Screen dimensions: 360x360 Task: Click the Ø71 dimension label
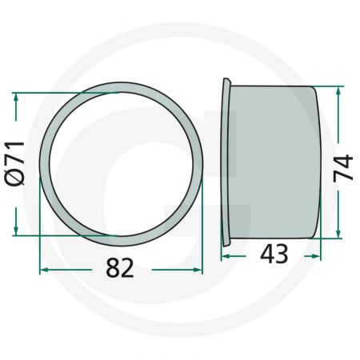click(16, 164)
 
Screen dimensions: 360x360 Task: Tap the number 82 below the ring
click(120, 270)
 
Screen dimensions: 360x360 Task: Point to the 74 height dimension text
click(342, 168)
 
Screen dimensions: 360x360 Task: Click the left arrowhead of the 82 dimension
click(43, 270)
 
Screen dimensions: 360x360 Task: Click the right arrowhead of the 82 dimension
click(198, 270)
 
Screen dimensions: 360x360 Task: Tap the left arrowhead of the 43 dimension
click(226, 256)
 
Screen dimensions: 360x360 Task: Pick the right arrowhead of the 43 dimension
click(317, 256)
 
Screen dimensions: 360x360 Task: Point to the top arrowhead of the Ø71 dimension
click(16, 97)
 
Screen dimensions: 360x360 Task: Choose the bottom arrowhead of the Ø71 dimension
click(16, 231)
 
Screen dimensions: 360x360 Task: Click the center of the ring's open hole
click(120, 164)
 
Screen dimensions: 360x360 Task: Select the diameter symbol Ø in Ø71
click(16, 178)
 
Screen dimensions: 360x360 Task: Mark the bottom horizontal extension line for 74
click(332, 238)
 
